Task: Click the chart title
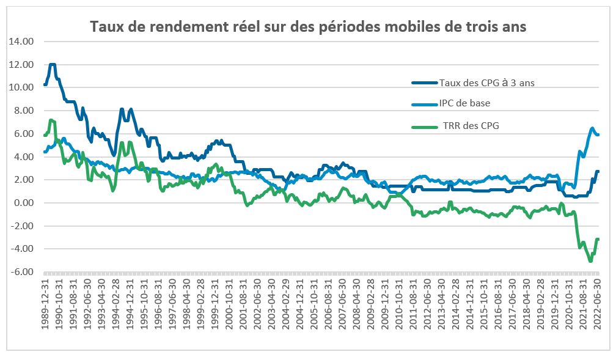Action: tap(308, 27)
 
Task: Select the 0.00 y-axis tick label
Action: tap(23, 203)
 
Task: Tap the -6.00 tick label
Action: tap(21, 272)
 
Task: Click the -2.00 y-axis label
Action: tap(21, 226)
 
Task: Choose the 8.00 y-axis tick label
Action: tap(23, 111)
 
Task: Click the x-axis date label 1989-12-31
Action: tap(45, 303)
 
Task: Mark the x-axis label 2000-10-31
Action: tap(229, 303)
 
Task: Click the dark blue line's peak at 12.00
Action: tap(53, 64)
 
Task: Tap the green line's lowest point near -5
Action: tap(590, 261)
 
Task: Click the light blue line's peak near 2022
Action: tap(592, 128)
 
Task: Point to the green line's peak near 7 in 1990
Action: tap(51, 120)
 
